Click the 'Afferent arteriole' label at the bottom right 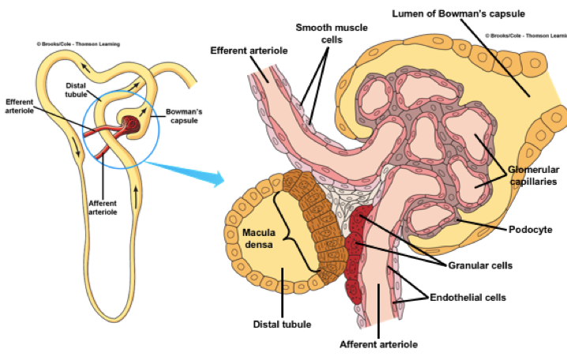click(377, 344)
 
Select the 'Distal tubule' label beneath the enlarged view click(282, 324)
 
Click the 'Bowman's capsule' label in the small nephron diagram click(188, 115)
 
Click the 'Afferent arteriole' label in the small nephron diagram click(103, 207)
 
